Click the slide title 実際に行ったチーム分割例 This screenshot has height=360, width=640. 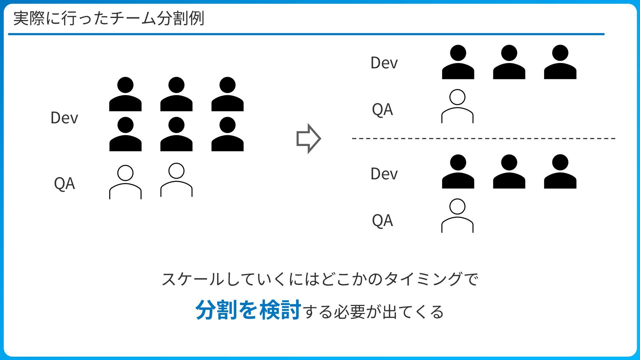click(x=109, y=18)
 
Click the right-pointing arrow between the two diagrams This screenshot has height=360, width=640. click(x=308, y=139)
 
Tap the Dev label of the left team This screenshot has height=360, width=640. click(x=64, y=118)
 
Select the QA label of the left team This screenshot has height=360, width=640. click(x=64, y=184)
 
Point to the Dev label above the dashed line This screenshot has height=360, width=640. click(x=384, y=63)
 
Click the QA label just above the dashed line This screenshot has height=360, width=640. click(x=382, y=110)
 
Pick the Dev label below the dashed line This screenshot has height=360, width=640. click(x=384, y=174)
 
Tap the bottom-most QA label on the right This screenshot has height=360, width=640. click(x=382, y=221)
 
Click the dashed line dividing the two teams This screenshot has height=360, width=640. click(x=483, y=138)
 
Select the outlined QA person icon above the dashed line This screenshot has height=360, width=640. click(x=457, y=106)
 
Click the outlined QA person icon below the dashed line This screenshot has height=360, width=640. click(x=457, y=216)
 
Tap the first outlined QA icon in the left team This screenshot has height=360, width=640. click(x=125, y=182)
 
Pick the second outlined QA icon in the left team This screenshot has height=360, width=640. click(x=176, y=180)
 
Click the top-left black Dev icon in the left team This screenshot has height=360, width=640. click(x=125, y=94)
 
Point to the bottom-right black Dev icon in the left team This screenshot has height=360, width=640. click(x=227, y=134)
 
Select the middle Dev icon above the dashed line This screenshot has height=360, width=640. click(x=509, y=62)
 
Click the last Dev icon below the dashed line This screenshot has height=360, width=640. click(x=560, y=171)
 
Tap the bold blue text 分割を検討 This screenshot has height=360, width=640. click(x=248, y=310)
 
